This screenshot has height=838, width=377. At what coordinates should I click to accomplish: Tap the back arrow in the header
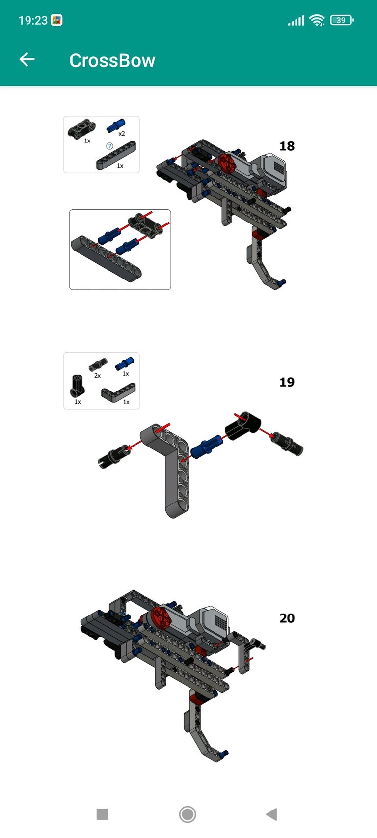pyautogui.click(x=27, y=59)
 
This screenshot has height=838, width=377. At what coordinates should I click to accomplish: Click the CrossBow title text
pyautogui.click(x=112, y=60)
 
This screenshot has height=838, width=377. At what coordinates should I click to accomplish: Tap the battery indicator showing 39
pyautogui.click(x=342, y=20)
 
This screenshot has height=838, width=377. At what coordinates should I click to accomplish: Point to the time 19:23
pyautogui.click(x=33, y=20)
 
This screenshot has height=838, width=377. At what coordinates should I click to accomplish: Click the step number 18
pyautogui.click(x=287, y=146)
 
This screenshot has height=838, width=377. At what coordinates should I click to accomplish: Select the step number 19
pyautogui.click(x=287, y=382)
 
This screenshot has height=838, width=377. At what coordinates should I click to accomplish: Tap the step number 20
pyautogui.click(x=287, y=618)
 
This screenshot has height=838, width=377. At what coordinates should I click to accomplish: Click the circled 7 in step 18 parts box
pyautogui.click(x=109, y=146)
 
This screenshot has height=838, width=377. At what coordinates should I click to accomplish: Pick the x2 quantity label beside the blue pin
pyautogui.click(x=122, y=134)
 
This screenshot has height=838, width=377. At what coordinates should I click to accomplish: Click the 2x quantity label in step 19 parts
pyautogui.click(x=97, y=376)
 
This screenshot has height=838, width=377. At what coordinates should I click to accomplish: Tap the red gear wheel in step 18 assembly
pyautogui.click(x=226, y=163)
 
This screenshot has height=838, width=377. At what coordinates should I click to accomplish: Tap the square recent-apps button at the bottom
pyautogui.click(x=102, y=813)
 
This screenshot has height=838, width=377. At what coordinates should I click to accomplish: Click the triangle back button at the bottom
pyautogui.click(x=271, y=813)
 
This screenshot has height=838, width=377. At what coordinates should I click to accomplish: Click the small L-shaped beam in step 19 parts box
pyautogui.click(x=118, y=392)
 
